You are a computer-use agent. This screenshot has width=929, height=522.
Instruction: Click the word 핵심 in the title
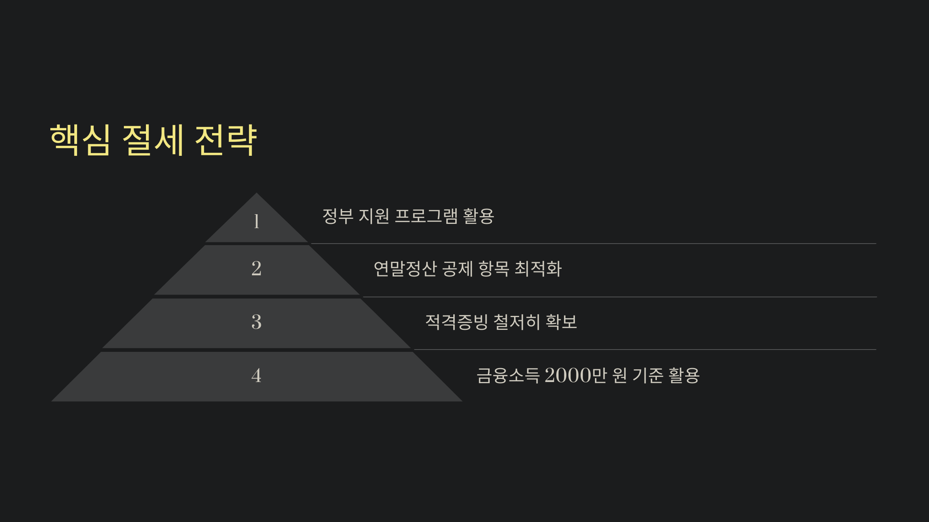point(80,140)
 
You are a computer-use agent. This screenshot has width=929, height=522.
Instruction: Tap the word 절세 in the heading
point(153,140)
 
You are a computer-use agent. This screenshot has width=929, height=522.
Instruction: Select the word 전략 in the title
point(226,140)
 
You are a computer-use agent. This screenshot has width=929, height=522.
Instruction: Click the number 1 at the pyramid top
point(256,222)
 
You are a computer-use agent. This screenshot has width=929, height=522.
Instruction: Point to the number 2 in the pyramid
point(256,268)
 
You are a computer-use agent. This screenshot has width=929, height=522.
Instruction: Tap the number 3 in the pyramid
point(256,322)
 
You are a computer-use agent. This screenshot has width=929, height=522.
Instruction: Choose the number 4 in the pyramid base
point(256,375)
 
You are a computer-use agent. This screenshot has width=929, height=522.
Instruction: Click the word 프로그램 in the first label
point(426,216)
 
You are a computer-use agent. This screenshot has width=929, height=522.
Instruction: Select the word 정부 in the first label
point(338,216)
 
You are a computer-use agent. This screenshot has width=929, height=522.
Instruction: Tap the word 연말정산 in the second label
point(405,269)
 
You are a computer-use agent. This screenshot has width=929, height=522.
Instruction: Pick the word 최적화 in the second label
point(538,269)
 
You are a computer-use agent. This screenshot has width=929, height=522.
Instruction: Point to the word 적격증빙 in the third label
point(457,322)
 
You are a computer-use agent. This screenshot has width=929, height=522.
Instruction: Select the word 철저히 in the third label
point(517,322)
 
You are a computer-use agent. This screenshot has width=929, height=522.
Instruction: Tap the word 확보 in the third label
point(561,322)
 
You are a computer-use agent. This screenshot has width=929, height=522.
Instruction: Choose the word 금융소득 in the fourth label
point(508,375)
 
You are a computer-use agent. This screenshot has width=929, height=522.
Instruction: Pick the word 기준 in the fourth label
point(648,375)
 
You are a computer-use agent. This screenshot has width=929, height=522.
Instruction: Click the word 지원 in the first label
point(374,216)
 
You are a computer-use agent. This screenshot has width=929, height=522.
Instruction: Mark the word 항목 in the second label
point(494,269)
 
